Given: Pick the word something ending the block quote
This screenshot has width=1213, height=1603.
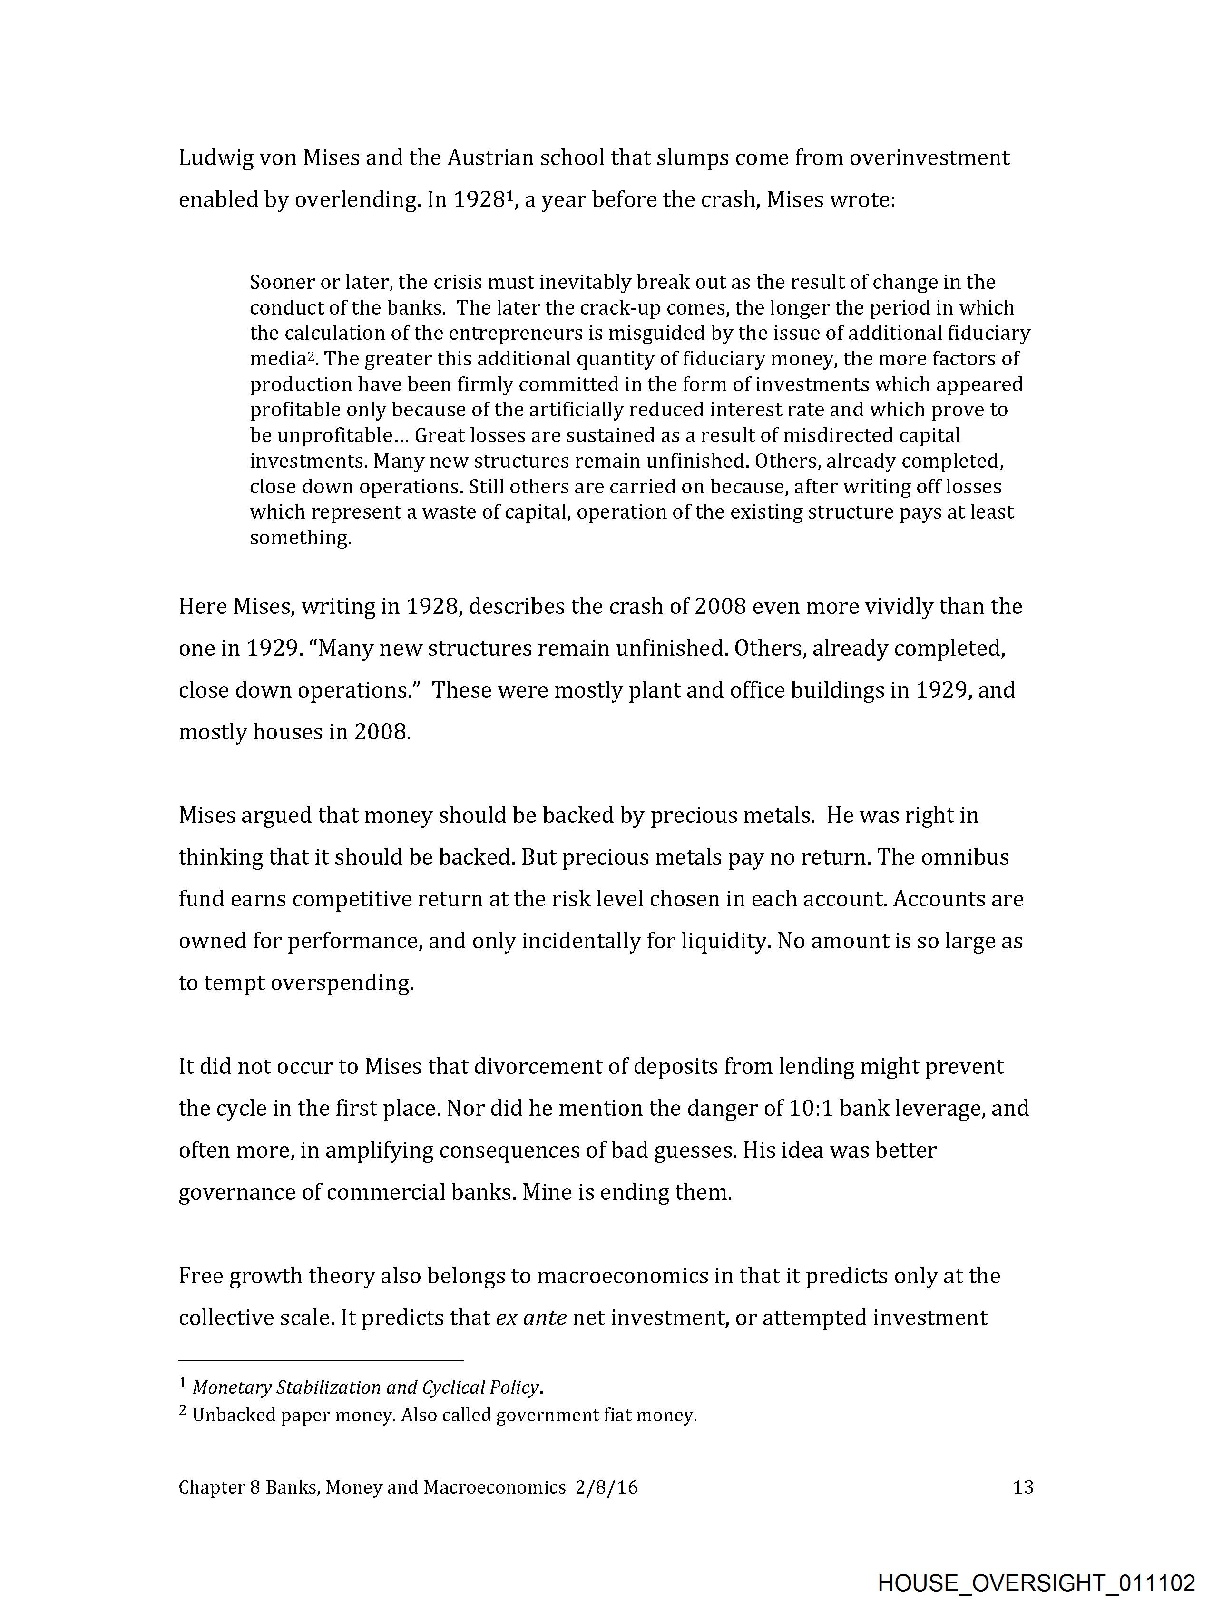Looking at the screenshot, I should pos(300,538).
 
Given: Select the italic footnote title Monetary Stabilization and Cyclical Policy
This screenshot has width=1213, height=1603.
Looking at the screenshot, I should pos(366,1387).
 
